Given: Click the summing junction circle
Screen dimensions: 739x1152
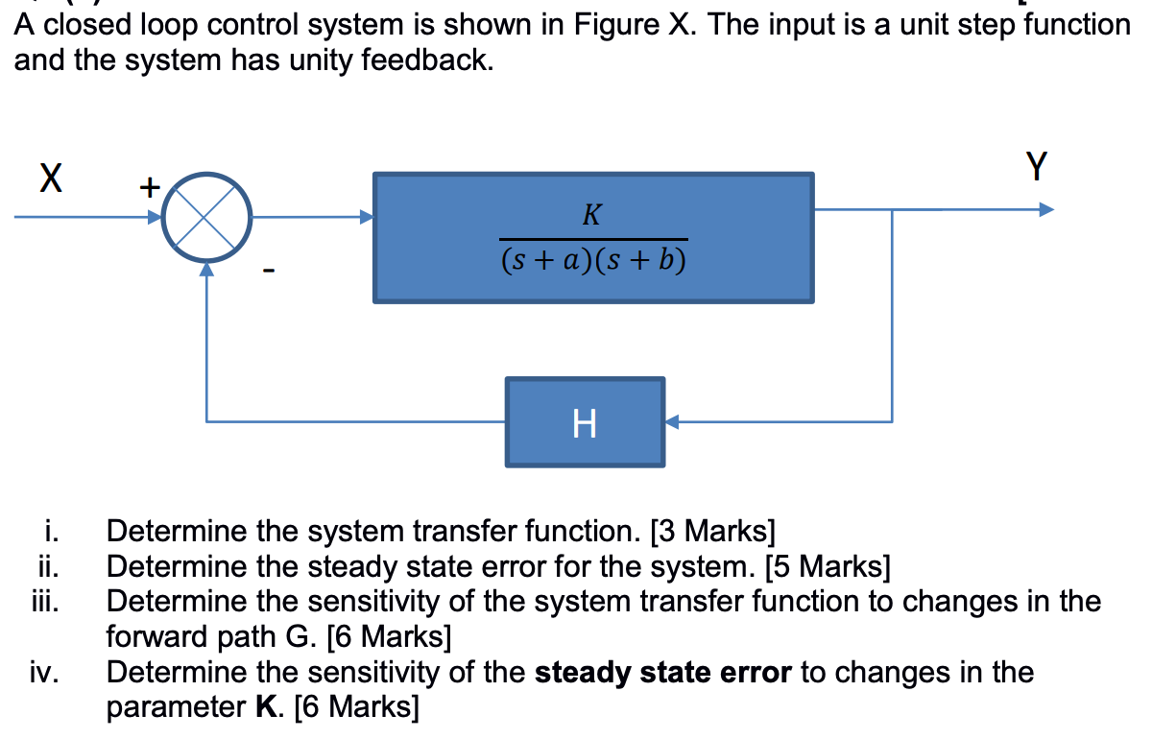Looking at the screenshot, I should pos(206,218).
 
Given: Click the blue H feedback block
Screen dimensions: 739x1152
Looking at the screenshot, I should pos(585,422).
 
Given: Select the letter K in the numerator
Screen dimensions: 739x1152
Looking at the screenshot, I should pos(592,215).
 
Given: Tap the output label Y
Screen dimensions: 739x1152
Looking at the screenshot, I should pos(1036,167).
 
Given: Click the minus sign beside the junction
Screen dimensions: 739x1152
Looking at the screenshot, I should pos(271,276).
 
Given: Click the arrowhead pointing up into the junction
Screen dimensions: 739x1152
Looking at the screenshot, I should pos(206,272).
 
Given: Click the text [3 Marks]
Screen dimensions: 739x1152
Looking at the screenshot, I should pos(711,531).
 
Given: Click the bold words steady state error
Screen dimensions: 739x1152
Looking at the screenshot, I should pos(662,672).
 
